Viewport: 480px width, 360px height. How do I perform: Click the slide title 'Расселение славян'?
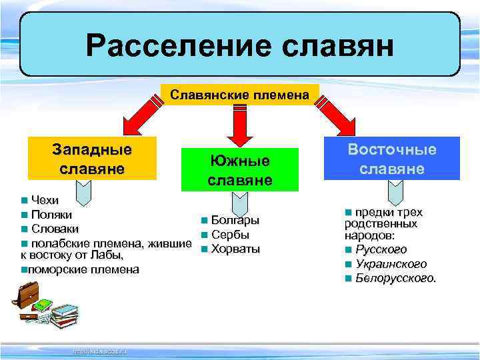click(x=240, y=46)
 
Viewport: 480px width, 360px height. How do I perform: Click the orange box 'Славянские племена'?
click(x=240, y=95)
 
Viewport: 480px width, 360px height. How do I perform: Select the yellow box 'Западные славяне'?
click(x=91, y=159)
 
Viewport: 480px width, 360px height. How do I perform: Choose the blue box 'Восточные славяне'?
click(x=392, y=159)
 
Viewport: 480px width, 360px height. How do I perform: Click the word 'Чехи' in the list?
click(x=45, y=200)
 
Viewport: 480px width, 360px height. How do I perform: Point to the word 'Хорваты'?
click(x=235, y=249)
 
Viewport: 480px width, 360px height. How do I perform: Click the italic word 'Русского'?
click(x=381, y=250)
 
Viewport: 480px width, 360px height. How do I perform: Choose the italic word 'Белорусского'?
click(x=395, y=278)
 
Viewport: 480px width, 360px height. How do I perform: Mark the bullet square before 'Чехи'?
click(x=24, y=201)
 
